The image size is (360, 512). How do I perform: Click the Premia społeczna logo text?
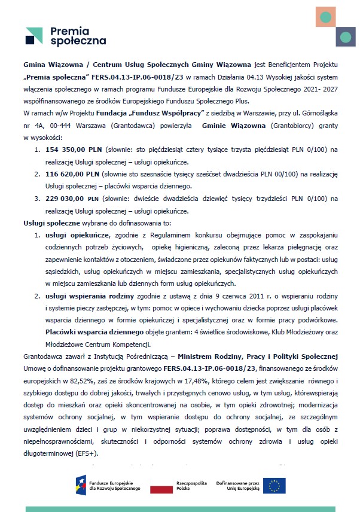(78, 36)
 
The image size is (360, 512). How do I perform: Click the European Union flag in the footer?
(275, 486)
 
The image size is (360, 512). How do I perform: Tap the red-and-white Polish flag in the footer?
(160, 486)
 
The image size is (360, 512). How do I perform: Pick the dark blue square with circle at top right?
(345, 37)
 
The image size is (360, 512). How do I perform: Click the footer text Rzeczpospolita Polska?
(189, 485)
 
